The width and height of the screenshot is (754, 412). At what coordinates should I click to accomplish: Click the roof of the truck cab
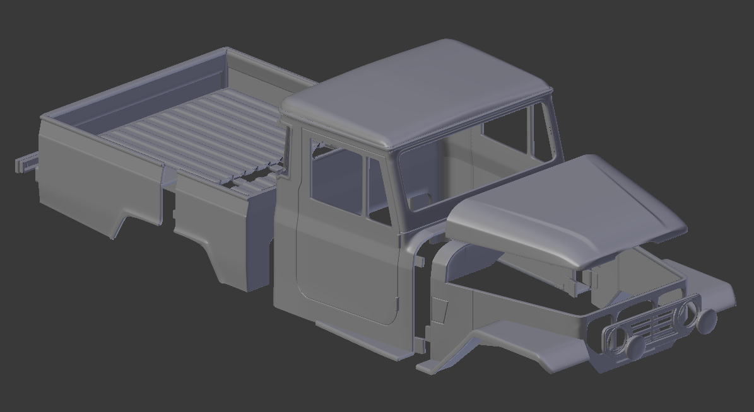pyautogui.click(x=416, y=94)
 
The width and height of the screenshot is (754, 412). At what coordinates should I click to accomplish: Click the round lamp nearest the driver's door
pyautogui.click(x=635, y=346)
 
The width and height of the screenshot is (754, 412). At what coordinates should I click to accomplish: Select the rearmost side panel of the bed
pyautogui.click(x=95, y=183)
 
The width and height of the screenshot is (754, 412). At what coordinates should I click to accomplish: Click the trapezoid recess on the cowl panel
pyautogui.click(x=439, y=310)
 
